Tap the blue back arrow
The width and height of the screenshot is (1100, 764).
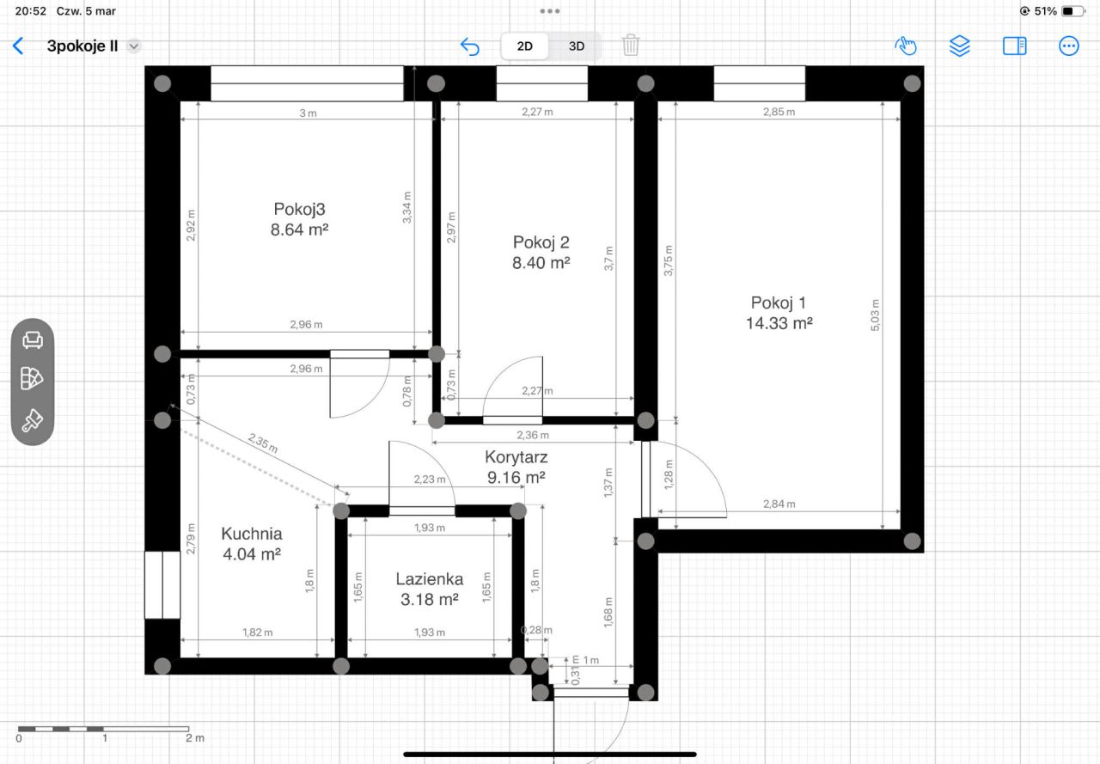click(x=18, y=46)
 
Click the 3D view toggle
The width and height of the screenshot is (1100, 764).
click(x=576, y=46)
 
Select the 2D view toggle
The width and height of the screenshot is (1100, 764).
click(x=524, y=46)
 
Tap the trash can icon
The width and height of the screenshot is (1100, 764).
click(x=631, y=46)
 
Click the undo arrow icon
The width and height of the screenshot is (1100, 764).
click(x=470, y=46)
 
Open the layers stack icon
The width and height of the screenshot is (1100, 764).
click(x=960, y=46)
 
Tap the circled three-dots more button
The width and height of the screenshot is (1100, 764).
click(x=1068, y=46)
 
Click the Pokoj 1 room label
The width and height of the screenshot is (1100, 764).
click(x=779, y=303)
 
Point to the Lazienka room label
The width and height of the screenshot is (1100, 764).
click(x=429, y=579)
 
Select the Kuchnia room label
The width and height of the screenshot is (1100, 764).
click(x=252, y=534)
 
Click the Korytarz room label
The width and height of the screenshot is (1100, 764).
click(x=516, y=457)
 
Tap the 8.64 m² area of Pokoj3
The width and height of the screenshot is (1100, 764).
click(x=299, y=229)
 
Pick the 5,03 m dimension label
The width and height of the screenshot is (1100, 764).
click(x=875, y=315)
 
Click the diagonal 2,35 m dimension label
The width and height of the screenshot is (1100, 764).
click(x=263, y=443)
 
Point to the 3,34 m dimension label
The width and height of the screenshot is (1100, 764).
click(x=407, y=207)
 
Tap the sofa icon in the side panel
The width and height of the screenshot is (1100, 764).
click(x=33, y=339)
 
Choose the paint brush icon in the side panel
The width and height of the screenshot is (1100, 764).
click(x=33, y=420)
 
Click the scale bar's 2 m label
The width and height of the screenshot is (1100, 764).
click(x=195, y=738)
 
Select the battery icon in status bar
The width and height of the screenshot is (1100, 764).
click(x=1073, y=11)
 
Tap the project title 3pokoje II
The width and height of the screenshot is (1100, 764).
click(x=82, y=46)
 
